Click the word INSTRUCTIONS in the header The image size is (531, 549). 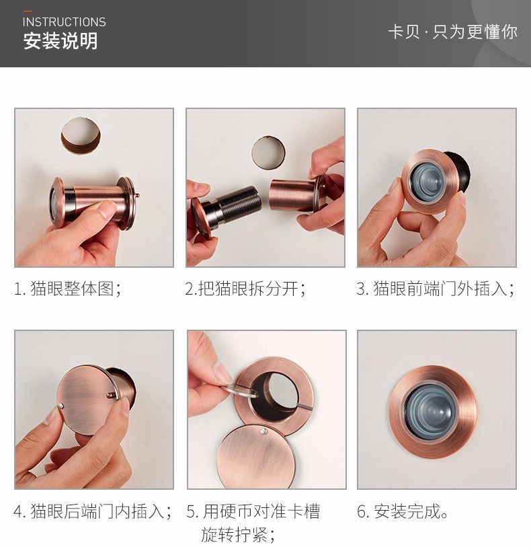pos(64,22)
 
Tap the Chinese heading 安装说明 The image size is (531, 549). pos(60,41)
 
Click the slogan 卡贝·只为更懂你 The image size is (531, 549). pos(452,32)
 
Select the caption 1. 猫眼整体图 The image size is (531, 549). pos(68,289)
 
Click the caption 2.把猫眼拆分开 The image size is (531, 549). pos(245,289)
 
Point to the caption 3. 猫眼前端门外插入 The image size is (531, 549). pos(436,289)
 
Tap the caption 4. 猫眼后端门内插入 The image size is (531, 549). pos(93,511)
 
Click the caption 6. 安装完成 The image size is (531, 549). pos(403,511)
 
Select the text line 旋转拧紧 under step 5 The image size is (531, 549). pos(238,535)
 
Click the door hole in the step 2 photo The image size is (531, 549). pos(268,153)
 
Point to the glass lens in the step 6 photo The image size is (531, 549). pos(431,410)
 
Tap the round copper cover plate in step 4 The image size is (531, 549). pos(87,400)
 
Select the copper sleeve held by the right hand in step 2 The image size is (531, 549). pos(293,195)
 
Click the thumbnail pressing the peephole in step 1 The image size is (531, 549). pos(107,209)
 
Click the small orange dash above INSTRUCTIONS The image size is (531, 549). pos(28,11)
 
